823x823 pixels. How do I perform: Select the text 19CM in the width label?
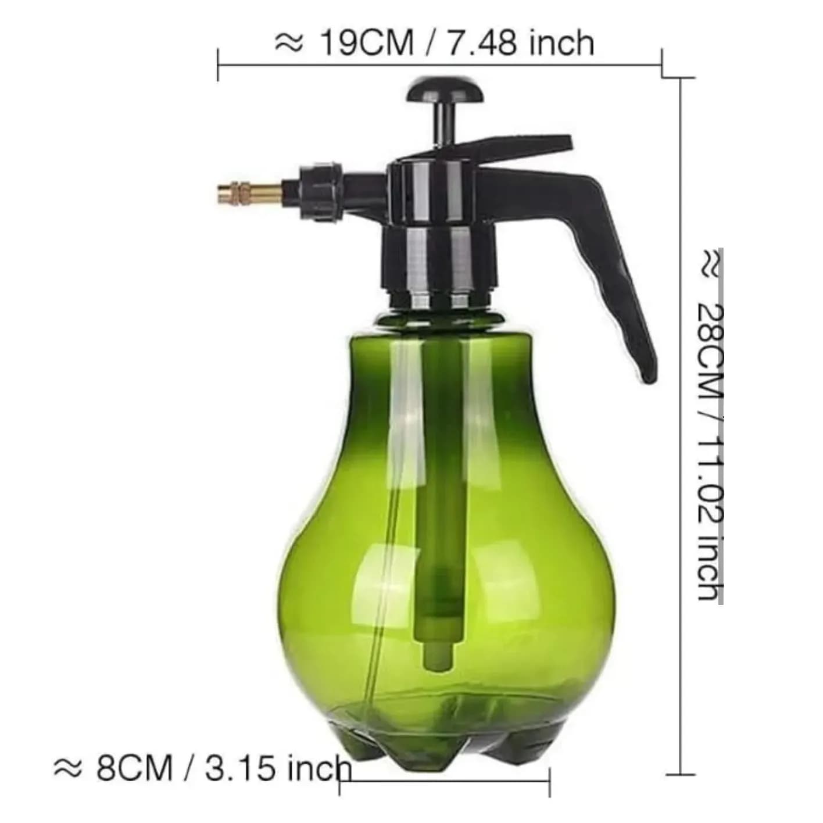pyautogui.click(x=367, y=44)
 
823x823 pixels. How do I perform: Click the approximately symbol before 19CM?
pyautogui.click(x=289, y=44)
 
